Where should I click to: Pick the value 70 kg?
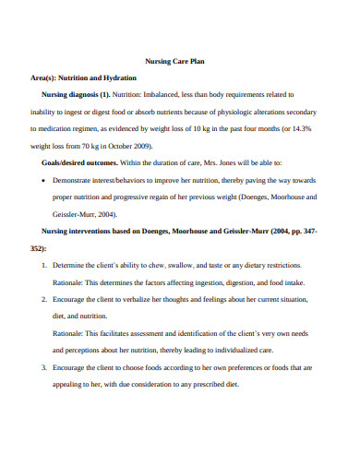(86, 146)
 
